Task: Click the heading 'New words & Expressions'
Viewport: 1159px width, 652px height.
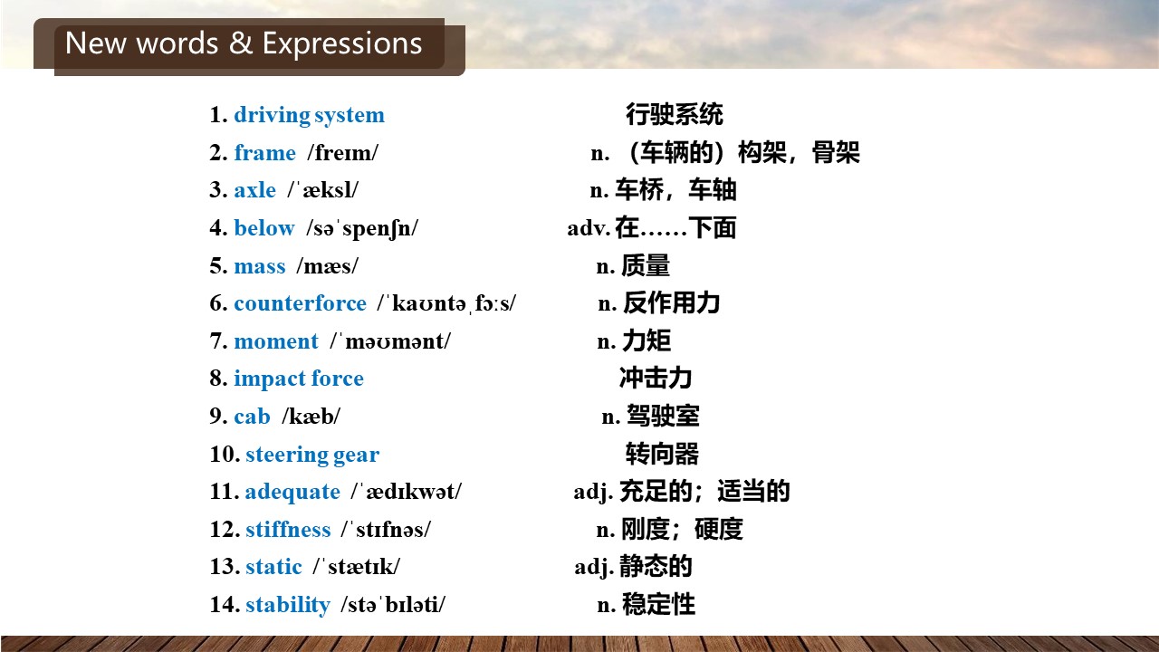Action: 244,43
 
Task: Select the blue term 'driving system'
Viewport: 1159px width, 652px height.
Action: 310,115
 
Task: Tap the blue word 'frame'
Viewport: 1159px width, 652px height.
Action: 265,153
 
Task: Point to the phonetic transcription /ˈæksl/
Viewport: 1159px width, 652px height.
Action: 323,190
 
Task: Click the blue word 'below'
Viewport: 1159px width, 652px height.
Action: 264,227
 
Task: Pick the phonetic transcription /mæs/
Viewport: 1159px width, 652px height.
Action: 327,266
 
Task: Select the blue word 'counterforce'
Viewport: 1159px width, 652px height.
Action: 300,303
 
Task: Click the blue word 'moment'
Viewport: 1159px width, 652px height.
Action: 276,341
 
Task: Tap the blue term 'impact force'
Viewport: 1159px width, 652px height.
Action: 299,379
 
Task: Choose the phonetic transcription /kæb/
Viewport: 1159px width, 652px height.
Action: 311,416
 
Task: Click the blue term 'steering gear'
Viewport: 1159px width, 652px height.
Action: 312,455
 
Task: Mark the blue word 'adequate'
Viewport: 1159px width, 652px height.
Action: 292,492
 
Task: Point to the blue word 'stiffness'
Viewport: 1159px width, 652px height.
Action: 288,530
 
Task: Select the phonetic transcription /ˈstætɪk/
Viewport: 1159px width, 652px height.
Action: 357,567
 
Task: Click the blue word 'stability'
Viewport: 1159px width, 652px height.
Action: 288,605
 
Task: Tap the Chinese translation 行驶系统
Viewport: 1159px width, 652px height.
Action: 675,114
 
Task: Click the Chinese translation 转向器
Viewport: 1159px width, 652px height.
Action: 662,454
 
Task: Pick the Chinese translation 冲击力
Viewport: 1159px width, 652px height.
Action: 656,379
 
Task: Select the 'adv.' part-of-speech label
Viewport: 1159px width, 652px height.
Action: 589,228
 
